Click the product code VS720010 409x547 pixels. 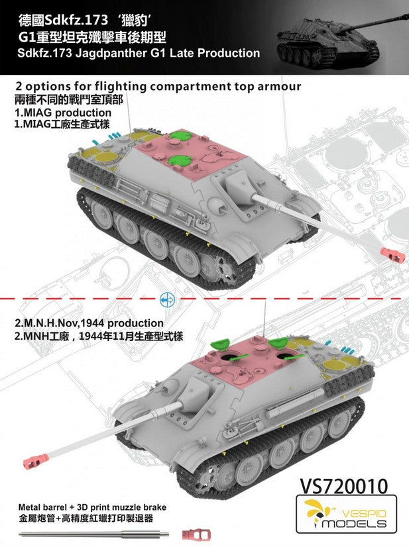point(343,485)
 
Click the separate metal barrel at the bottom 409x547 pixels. point(94,534)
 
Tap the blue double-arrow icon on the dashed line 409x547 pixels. point(167,299)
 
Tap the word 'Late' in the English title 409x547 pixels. point(181,53)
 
